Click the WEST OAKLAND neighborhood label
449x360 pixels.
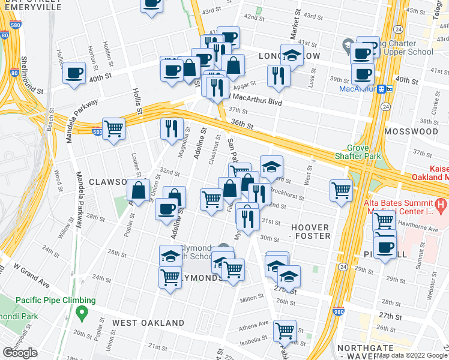pos(148,323)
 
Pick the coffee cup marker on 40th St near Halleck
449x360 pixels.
pos(74,74)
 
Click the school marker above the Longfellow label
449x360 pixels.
pos(292,56)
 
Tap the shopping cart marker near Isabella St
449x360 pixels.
pos(285,331)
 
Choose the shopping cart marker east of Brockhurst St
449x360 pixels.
pos(341,190)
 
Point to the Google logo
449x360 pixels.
pos(20,353)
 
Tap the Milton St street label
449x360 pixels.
pos(252,298)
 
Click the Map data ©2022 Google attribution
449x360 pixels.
pos(412,355)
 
